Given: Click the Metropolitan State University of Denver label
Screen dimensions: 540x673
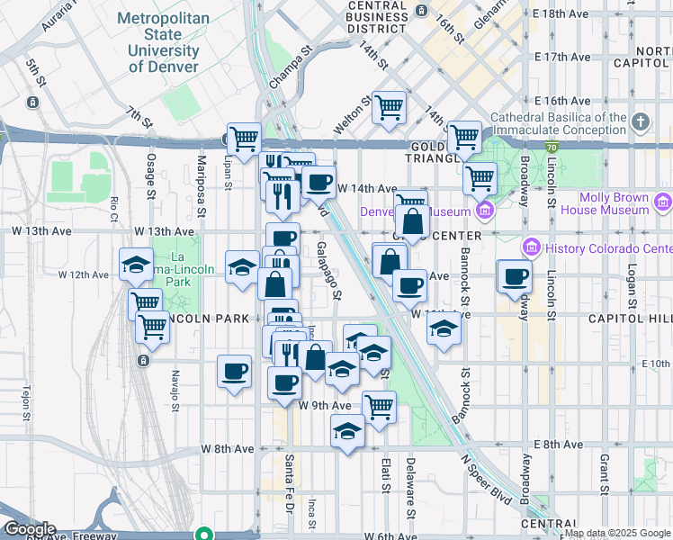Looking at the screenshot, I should (164, 42).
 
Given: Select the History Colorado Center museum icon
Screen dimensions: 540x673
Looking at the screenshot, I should (530, 247).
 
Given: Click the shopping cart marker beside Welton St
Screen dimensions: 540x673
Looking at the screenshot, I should (389, 108).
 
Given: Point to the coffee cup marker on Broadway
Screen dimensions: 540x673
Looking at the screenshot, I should (515, 276).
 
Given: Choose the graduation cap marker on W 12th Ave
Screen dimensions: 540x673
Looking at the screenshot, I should (242, 266).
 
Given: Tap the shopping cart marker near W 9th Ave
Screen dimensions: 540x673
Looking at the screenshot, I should (379, 406).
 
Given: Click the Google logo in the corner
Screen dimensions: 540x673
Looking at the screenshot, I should (30, 529).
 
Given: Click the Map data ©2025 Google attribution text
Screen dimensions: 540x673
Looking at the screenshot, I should (617, 533).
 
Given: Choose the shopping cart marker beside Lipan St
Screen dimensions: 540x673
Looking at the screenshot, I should (243, 139).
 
